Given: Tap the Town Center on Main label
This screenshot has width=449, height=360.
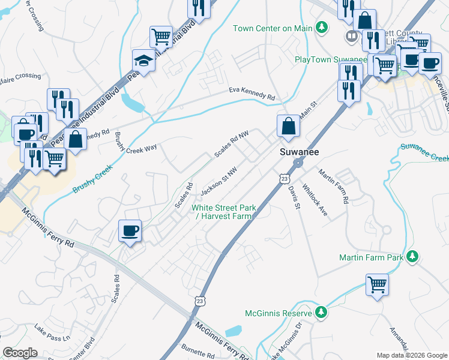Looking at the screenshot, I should [273, 28].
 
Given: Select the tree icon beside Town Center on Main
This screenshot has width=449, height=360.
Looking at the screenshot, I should [322, 28].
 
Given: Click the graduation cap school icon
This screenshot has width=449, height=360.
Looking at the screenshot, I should [144, 60].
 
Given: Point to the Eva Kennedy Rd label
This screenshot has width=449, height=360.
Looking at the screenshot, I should [252, 94].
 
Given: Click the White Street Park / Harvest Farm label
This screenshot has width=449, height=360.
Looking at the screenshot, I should [224, 212].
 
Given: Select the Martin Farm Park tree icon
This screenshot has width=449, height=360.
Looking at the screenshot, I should [412, 257].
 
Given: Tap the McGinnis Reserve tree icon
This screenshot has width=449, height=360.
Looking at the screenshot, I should [321, 313].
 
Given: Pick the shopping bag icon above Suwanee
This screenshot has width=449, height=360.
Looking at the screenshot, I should [288, 126].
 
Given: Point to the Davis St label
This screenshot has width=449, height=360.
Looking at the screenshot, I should [294, 197].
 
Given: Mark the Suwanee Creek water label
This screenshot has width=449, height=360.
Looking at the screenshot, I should [424, 152].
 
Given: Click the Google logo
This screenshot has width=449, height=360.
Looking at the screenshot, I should [20, 353].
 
